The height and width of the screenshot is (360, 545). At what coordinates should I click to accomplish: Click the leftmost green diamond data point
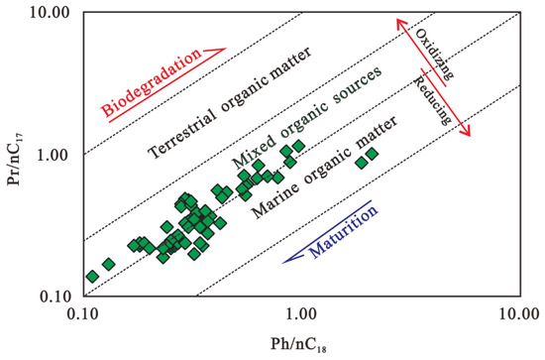[92, 276]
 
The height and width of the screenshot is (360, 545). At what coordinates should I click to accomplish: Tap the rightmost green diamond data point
[372, 156]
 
